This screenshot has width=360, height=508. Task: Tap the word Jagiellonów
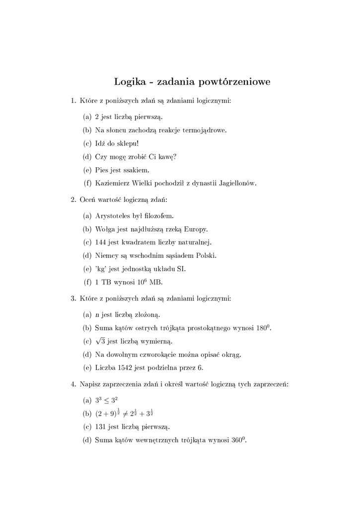click(x=235, y=184)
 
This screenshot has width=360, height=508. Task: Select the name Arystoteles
click(x=116, y=216)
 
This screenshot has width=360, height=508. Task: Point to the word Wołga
click(x=105, y=229)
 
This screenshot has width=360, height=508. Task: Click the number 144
click(x=101, y=243)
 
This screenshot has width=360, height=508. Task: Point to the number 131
click(x=101, y=427)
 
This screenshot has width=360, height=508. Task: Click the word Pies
click(x=102, y=170)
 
